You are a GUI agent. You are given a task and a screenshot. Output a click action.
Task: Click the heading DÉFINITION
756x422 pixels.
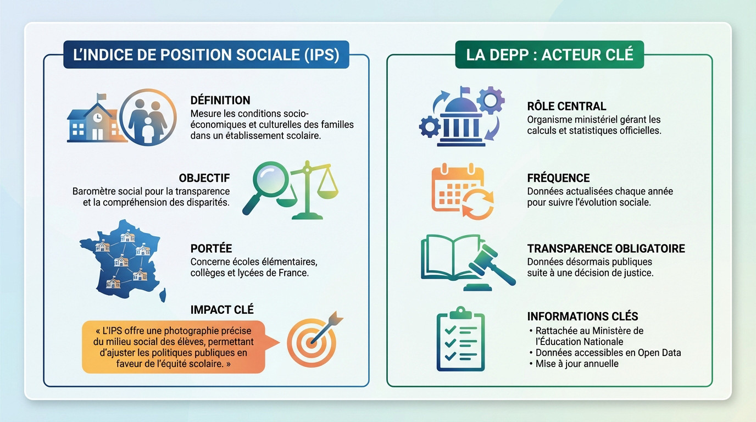tap(220, 101)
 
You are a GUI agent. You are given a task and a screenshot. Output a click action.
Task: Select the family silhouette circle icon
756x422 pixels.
tap(148, 118)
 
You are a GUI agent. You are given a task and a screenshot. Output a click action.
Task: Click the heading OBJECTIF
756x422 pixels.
tap(204, 178)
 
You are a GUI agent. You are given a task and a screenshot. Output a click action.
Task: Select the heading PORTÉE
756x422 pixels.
tap(211, 248)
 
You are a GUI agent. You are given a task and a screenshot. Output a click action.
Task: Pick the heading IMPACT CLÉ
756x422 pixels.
tap(222, 310)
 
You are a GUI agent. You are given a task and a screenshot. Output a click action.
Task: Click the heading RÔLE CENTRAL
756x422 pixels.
tap(566, 107)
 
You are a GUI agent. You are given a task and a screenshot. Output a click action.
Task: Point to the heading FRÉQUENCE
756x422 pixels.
tap(558, 178)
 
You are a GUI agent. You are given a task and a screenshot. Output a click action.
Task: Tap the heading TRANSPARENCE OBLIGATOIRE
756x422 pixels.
tap(606, 248)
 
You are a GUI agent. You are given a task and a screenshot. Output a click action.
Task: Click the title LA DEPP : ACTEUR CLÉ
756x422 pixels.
tap(549, 54)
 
